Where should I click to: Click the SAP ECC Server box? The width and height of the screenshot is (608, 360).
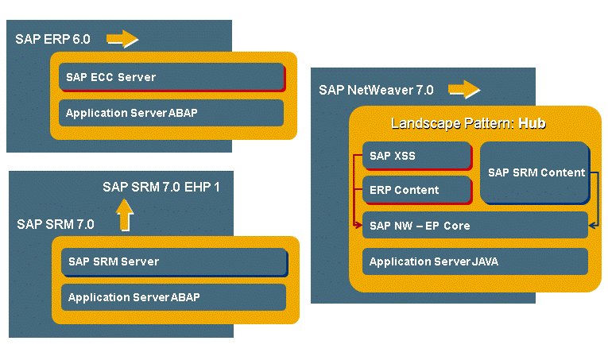point(172,77)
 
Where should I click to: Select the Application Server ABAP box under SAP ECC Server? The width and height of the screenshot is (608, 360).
point(172,113)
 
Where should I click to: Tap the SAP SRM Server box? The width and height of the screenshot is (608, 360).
point(174,261)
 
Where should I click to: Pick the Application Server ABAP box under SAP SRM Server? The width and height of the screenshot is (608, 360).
point(174,297)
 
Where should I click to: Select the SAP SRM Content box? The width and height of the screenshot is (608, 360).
point(535,172)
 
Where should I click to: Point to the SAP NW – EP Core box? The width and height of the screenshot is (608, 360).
point(474,226)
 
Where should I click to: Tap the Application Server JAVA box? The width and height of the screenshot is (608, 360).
point(474,261)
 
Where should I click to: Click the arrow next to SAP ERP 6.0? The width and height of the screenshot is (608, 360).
point(122,38)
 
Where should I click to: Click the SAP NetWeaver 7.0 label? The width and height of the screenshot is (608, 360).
point(376,90)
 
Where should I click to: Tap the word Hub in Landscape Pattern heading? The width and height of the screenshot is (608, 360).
point(532,124)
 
